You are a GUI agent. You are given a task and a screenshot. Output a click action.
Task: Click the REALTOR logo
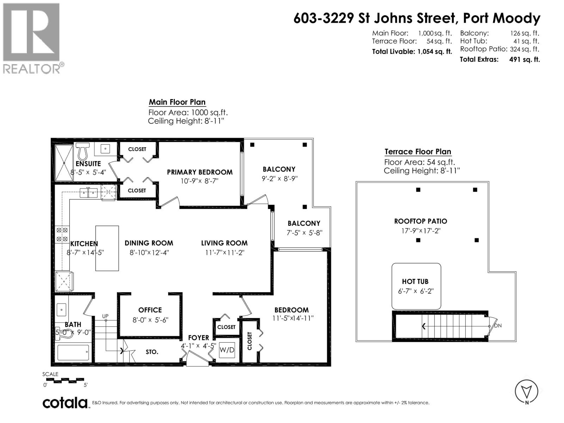[32, 38]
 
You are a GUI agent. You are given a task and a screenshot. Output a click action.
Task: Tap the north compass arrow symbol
[527, 391]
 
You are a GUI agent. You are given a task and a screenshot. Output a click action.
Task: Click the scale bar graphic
[65, 380]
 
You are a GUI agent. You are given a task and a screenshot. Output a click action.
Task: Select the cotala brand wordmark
[65, 403]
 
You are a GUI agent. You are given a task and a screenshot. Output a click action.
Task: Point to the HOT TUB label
[415, 281]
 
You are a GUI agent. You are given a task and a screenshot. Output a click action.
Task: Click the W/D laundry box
[227, 350]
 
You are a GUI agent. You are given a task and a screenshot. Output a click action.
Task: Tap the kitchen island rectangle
[107, 248]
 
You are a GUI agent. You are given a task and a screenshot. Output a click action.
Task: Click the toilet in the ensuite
[82, 151]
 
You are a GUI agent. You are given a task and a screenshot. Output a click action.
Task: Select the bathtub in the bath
[73, 352]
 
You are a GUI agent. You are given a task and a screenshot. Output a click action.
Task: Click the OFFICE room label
[150, 310]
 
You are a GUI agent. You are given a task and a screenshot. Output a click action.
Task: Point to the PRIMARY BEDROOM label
[200, 172]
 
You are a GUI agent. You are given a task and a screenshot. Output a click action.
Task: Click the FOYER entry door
[197, 361]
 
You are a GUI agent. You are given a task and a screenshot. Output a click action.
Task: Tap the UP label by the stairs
[105, 316]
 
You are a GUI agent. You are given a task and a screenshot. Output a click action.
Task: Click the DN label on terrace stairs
[498, 325]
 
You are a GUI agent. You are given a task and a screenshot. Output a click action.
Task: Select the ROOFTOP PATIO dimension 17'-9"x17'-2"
[421, 231]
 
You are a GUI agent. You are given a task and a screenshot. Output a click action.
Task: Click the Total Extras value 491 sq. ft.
[524, 60]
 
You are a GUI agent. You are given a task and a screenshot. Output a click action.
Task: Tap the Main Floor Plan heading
[177, 102]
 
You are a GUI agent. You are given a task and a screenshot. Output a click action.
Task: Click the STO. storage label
[152, 352]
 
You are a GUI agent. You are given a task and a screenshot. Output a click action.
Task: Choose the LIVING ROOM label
[224, 243]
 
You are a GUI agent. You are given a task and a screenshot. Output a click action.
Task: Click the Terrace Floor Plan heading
[418, 152]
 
